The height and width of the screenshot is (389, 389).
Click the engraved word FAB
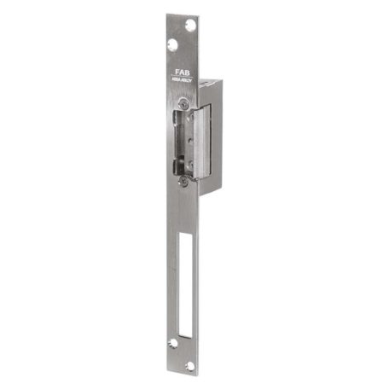[183, 74]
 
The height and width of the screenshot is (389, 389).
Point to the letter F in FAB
[178, 74]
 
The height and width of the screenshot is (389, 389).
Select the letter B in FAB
[189, 74]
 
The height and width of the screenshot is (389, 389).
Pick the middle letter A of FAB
[183, 74]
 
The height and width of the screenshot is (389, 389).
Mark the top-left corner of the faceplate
[166, 15]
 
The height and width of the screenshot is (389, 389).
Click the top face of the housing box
[209, 77]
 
